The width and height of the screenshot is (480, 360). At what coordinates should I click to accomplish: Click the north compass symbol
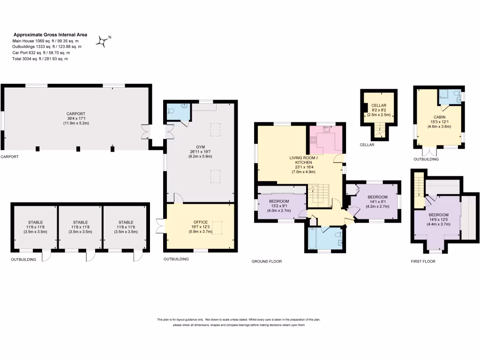tap(102, 42)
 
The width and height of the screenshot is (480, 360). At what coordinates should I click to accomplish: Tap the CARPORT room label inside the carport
tap(76, 113)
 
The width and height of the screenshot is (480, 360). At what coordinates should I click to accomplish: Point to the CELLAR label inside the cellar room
tap(378, 105)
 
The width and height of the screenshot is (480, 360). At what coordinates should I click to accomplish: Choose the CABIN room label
tap(439, 117)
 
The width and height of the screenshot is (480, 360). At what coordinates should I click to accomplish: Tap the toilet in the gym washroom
tap(172, 112)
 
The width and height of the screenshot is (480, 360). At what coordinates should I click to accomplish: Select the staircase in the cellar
tap(380, 131)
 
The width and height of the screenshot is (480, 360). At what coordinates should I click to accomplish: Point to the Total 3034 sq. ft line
tap(40, 59)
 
